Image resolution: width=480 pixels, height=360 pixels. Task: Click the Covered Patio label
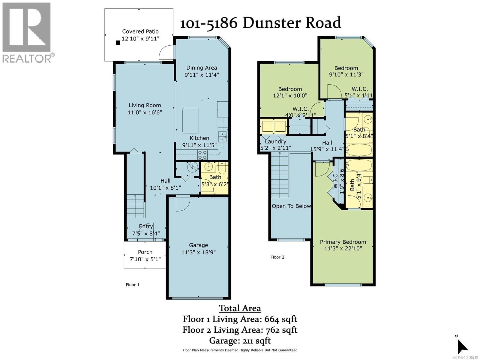(x=140, y=31)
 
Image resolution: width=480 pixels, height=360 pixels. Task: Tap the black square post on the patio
(x=118, y=43)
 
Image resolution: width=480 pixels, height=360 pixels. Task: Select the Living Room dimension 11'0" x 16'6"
(x=145, y=112)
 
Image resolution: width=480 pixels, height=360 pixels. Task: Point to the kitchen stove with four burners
(x=202, y=155)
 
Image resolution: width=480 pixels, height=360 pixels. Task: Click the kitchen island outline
(x=190, y=121)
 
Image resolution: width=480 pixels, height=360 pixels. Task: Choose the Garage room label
(x=199, y=245)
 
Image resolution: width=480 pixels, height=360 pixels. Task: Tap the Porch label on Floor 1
(x=145, y=252)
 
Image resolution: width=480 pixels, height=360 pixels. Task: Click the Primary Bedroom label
(x=343, y=242)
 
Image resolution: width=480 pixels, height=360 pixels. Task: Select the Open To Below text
(x=291, y=206)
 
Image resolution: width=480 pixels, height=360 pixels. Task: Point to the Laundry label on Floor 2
(x=275, y=142)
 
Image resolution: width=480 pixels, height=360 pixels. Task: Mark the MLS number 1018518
(x=465, y=358)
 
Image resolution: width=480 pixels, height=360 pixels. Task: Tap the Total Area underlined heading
(x=240, y=308)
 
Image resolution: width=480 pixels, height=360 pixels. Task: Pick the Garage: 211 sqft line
(x=240, y=340)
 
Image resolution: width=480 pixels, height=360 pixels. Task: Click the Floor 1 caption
(x=133, y=285)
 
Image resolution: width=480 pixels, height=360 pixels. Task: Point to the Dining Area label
(x=202, y=68)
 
